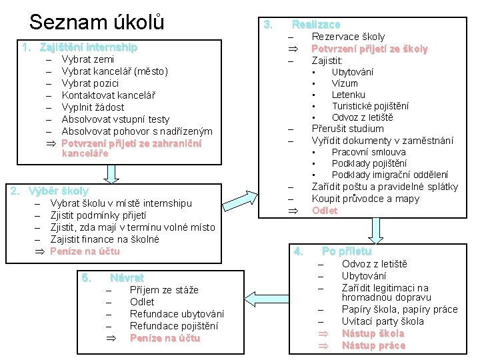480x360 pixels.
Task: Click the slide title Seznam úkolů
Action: [x=97, y=21]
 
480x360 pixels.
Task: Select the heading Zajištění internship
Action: [x=88, y=47]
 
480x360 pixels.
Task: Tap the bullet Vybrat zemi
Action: [x=87, y=59]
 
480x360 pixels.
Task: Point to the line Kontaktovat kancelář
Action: [x=108, y=95]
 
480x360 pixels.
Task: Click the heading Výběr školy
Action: [x=59, y=191]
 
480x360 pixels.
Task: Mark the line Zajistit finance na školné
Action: [x=105, y=239]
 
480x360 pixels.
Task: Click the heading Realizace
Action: [x=315, y=24]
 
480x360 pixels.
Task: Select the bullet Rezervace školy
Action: [x=348, y=37]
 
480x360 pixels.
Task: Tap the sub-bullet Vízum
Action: [x=345, y=83]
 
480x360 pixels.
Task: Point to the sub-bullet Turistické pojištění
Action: [x=370, y=106]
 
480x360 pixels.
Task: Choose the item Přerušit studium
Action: [x=347, y=129]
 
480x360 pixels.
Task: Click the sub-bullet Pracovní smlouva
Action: [x=368, y=152]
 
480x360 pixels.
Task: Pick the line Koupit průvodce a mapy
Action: [x=365, y=199]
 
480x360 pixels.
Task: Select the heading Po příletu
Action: [x=346, y=251]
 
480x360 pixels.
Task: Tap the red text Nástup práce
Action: [x=373, y=345]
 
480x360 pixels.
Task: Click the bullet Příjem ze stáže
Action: [x=164, y=290]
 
